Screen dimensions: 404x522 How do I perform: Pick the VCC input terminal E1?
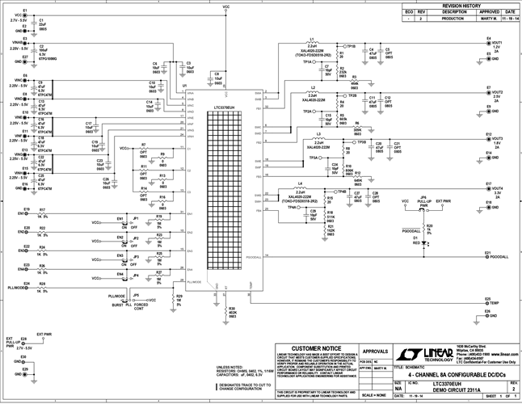tap(29, 15)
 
